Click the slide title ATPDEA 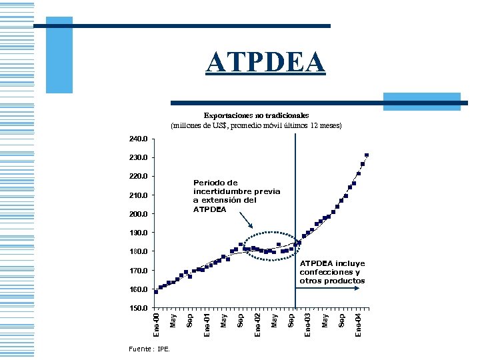tap(265, 63)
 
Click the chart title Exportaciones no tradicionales tap(256, 115)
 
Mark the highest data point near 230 tap(367, 155)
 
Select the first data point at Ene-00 tap(156, 291)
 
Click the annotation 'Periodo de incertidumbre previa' tap(236, 195)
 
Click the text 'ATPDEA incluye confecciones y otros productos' tap(332, 272)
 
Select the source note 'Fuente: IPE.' tap(150, 349)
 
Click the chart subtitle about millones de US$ tap(256, 125)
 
